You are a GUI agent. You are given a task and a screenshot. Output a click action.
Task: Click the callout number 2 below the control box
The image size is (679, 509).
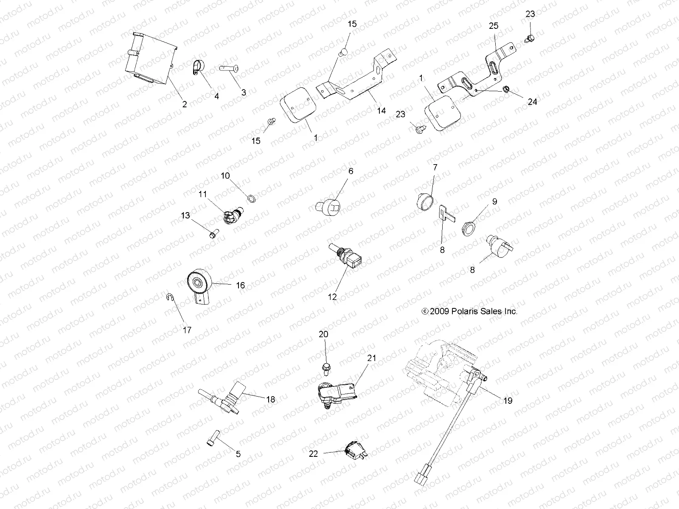(x=184, y=104)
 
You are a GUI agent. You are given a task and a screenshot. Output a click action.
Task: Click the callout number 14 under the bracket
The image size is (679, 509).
(x=381, y=111)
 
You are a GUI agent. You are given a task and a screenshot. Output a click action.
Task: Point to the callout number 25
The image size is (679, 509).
(x=494, y=26)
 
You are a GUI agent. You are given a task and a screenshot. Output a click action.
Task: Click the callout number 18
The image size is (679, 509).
(x=270, y=399)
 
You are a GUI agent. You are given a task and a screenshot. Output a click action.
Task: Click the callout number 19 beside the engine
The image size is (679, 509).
(x=508, y=400)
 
